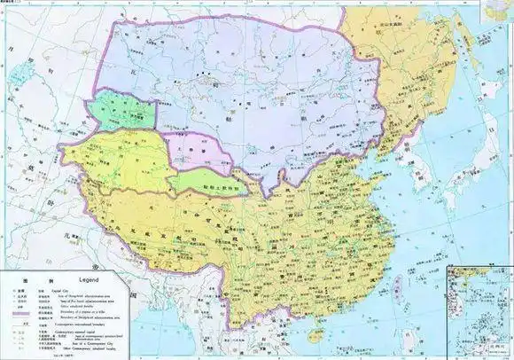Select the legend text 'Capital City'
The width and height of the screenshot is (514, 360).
(72, 288)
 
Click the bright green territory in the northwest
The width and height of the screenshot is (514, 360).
(124, 110)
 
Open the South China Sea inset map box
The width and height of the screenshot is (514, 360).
(479, 311)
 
